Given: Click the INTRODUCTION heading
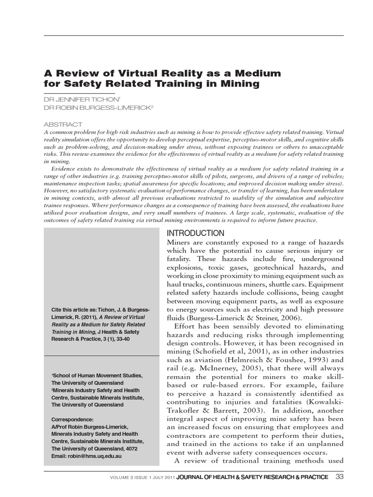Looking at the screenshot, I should [x=196, y=233].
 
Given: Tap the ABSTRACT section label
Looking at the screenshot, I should [x=63, y=124].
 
